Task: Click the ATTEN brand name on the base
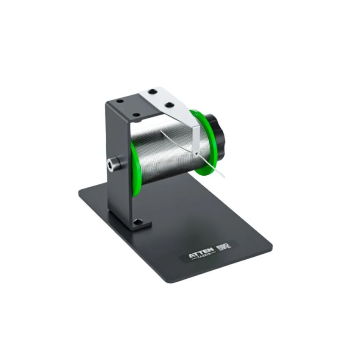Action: (x=201, y=257)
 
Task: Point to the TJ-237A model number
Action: (x=202, y=262)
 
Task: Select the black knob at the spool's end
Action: (x=218, y=131)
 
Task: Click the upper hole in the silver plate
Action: (x=152, y=92)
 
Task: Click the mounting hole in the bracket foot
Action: (x=137, y=222)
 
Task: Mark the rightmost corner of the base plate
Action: (x=271, y=245)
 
